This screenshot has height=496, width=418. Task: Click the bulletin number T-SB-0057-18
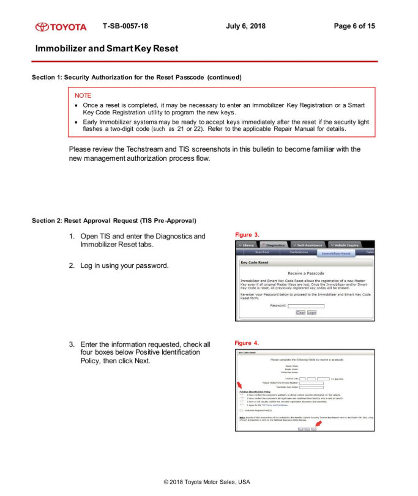pyautogui.click(x=125, y=26)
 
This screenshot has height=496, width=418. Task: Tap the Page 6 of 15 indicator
pyautogui.click(x=354, y=26)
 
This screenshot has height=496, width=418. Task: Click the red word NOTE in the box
pyautogui.click(x=83, y=96)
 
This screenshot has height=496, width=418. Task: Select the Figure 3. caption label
pyautogui.click(x=248, y=235)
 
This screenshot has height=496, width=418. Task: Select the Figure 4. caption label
pyautogui.click(x=248, y=343)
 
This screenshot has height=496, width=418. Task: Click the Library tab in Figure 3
pyautogui.click(x=247, y=245)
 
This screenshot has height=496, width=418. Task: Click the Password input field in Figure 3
pyautogui.click(x=306, y=305)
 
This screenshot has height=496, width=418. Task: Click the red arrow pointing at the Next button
pyautogui.click(x=318, y=423)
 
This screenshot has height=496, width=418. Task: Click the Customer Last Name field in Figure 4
pyautogui.click(x=311, y=387)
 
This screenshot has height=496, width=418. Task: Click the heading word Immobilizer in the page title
pyautogui.click(x=61, y=48)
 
